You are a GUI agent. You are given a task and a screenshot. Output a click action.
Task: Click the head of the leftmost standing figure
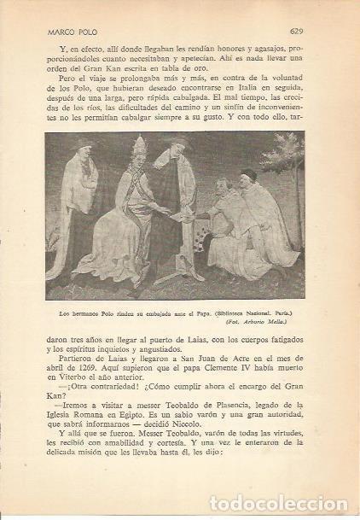pyautogui.click(x=81, y=145)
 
